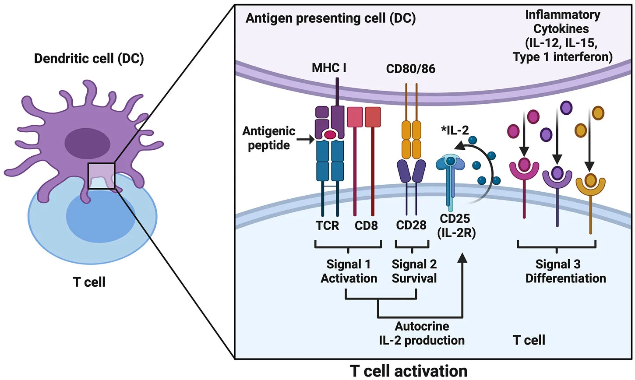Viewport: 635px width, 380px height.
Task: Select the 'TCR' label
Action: tap(327, 225)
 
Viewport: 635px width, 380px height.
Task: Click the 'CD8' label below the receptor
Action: tap(366, 225)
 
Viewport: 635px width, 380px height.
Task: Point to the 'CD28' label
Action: tap(411, 225)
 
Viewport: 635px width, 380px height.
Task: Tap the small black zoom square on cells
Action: tap(101, 176)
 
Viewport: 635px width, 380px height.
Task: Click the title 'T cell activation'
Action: tap(409, 371)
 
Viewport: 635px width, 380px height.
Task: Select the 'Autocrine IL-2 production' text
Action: tap(421, 333)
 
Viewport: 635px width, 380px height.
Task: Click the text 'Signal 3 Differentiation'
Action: tap(565, 271)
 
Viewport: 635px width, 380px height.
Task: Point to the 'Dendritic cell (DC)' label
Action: tap(89, 59)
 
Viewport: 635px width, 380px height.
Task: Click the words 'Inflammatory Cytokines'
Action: tap(562, 22)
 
